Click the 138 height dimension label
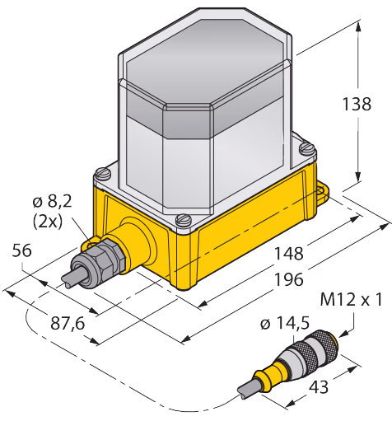357,104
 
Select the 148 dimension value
289,253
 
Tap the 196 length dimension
289,279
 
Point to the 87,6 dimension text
68,324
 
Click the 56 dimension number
21,250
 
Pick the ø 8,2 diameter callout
52,201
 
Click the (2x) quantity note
48,222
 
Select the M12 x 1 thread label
351,299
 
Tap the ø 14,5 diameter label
285,323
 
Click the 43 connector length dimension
319,387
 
